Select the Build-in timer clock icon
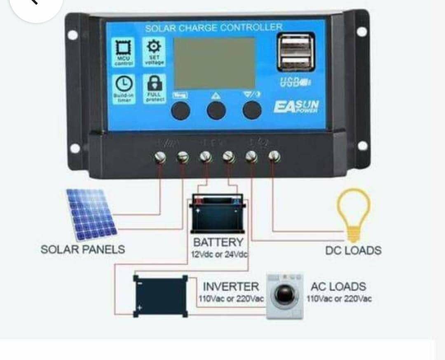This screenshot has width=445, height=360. point(122,84)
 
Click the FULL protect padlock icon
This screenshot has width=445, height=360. point(154,84)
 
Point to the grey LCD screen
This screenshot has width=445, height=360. point(214,63)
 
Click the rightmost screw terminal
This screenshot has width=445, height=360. point(274,156)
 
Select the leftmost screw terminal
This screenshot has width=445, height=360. point(160,157)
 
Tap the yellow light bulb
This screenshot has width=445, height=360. point(353,213)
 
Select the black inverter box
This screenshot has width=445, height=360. point(160,296)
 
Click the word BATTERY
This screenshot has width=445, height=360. point(218,242)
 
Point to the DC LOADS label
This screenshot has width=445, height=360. point(353,250)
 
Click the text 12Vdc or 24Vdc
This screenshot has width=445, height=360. point(219,254)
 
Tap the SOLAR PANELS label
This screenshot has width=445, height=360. point(82,249)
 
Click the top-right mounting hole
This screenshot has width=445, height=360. point(361,32)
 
